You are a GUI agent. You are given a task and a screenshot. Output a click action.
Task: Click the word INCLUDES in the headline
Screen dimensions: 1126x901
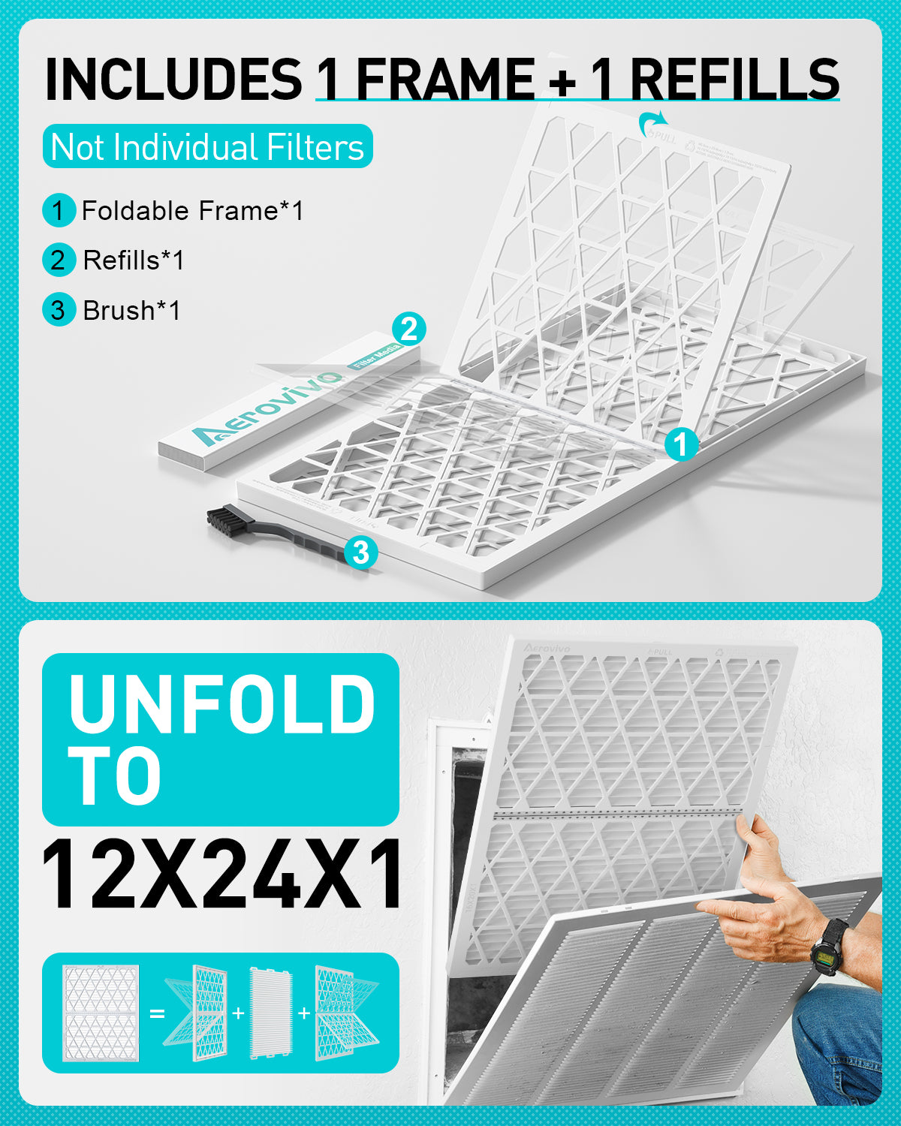point(173,79)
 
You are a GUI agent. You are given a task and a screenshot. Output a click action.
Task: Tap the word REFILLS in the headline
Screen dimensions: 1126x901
point(734,79)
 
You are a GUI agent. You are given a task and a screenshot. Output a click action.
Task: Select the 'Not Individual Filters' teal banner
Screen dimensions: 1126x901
point(207,146)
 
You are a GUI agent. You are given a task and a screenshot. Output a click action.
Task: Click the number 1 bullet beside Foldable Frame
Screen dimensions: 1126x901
point(59,211)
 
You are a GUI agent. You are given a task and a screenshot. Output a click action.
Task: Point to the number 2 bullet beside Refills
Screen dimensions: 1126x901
point(59,260)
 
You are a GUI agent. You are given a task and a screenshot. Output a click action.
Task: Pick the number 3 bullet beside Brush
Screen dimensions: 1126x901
point(59,310)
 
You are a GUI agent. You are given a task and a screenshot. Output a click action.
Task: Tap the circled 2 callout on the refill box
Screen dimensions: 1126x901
point(409,329)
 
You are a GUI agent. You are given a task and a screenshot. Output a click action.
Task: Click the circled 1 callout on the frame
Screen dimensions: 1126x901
point(681,444)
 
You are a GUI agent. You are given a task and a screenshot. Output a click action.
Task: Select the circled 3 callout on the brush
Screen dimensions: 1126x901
point(361,552)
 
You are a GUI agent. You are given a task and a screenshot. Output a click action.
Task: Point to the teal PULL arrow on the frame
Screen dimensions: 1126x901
point(652,122)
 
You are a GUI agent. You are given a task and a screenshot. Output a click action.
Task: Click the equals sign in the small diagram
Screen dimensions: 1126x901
point(156,1013)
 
